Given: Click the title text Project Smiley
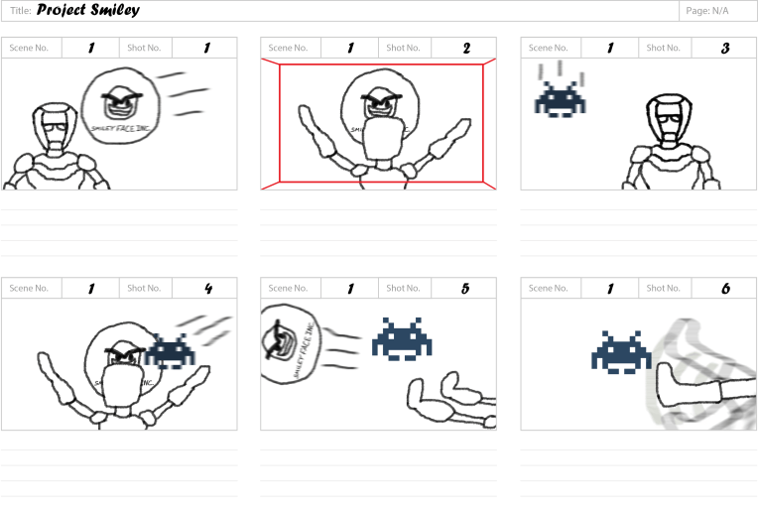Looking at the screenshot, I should [x=88, y=11].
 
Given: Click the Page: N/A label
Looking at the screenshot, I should [x=706, y=11].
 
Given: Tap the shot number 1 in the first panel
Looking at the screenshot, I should [x=206, y=48].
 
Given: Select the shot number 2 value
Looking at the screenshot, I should [x=465, y=48].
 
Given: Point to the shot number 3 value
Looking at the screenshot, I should [x=725, y=48].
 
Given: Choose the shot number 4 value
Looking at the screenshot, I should [x=206, y=289].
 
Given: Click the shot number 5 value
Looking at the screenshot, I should [x=465, y=289].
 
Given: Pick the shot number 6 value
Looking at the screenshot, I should [x=725, y=289].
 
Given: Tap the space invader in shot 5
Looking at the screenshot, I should [x=402, y=338].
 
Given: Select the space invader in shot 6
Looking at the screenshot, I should [x=621, y=353].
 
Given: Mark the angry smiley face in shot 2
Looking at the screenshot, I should [x=378, y=103].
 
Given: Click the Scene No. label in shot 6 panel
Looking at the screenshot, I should [x=550, y=289].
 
